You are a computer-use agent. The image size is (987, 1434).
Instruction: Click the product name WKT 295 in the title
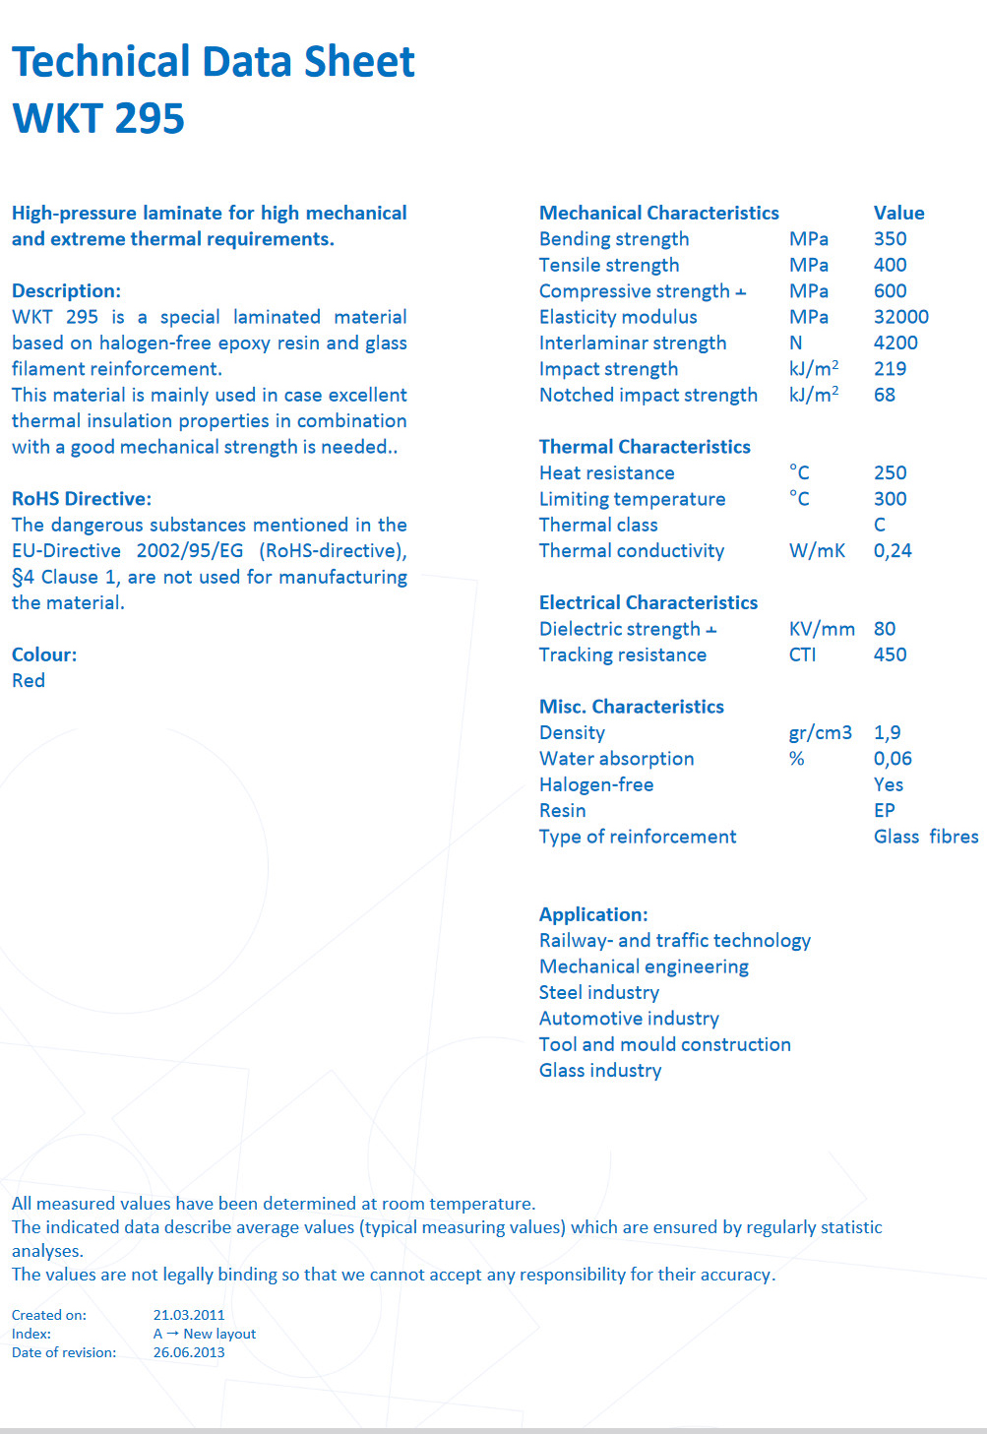98,118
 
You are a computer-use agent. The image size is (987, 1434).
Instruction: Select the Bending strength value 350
890,239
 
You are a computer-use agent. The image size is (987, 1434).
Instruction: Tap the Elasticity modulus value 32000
900,317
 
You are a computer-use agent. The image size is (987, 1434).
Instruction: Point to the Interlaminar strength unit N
795,343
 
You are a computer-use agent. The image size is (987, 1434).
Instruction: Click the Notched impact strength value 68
885,395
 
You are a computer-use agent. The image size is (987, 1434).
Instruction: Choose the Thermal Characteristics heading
645,447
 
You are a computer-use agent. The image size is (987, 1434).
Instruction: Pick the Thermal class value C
880,525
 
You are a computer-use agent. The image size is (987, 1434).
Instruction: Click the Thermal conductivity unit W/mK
817,551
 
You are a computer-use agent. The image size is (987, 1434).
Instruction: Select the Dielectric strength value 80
885,629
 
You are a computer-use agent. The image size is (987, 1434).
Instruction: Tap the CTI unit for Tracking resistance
802,655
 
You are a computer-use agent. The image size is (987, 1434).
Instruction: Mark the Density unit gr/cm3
820,733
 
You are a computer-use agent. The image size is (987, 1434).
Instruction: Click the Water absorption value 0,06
893,759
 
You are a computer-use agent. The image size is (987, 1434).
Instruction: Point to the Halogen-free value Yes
888,784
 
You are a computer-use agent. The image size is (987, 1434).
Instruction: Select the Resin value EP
884,811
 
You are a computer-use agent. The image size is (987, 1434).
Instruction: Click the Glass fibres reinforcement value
925,837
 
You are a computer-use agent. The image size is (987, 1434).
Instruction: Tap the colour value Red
29,681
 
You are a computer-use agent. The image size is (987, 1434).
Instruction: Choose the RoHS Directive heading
82,499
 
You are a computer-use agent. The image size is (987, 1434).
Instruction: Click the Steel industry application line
598,993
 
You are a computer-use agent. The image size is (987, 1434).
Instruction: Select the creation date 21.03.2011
189,1315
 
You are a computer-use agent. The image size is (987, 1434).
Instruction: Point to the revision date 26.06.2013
189,1352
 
